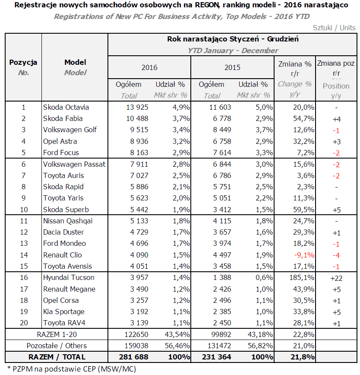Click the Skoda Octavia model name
[63, 107]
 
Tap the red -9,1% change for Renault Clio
[302, 255]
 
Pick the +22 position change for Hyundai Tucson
[336, 278]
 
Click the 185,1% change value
[301, 277]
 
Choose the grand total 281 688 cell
[131, 357]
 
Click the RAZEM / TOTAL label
[57, 357]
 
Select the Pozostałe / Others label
[57, 346]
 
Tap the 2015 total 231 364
[215, 357]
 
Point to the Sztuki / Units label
[334, 28]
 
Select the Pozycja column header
[23, 62]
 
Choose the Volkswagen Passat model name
[74, 164]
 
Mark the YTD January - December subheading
[233, 51]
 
